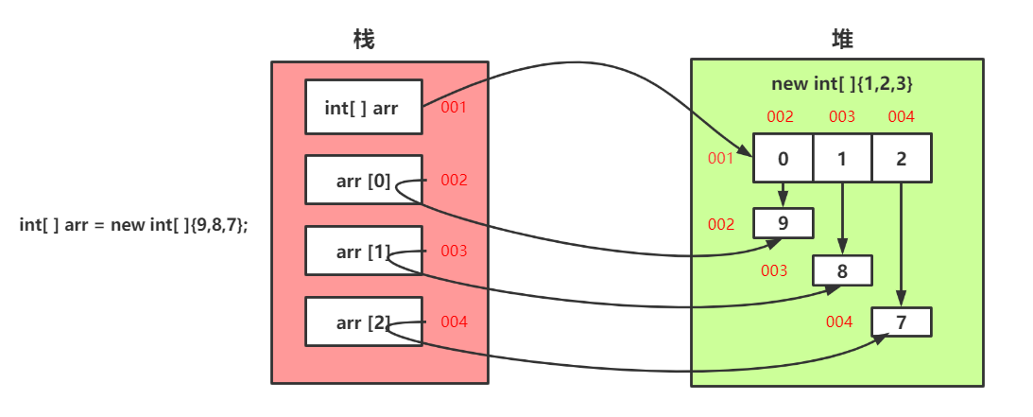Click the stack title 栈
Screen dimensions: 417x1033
[364, 40]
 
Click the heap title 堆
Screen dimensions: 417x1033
[842, 40]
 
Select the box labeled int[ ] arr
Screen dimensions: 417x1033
[363, 107]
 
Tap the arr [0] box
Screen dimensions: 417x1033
[363, 180]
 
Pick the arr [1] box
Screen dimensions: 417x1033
[363, 252]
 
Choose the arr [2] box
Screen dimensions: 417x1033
[363, 321]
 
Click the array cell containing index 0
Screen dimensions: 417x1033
[783, 158]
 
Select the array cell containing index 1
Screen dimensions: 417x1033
[842, 158]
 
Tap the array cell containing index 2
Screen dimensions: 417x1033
[902, 158]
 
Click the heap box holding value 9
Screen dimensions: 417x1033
[783, 223]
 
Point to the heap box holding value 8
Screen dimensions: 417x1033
[842, 270]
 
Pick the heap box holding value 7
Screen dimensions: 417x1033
[902, 321]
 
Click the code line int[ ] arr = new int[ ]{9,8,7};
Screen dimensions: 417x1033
[133, 225]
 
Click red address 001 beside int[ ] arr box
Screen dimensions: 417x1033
[454, 107]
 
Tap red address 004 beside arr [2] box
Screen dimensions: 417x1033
[454, 321]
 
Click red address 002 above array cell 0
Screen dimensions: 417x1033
[780, 117]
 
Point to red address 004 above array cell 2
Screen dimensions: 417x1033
[901, 117]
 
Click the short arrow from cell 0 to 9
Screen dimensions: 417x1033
[783, 194]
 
